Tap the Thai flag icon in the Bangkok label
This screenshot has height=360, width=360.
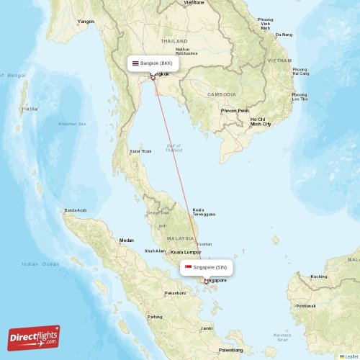[135, 63]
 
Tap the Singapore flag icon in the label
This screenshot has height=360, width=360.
[189, 267]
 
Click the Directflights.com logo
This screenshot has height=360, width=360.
[34, 337]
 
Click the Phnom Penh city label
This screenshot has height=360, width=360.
[235, 110]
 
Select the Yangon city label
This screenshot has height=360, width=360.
[86, 22]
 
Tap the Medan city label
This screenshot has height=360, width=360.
[127, 240]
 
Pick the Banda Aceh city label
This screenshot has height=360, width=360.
[76, 210]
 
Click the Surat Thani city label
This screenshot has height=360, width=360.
[140, 151]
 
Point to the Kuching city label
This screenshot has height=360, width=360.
[318, 276]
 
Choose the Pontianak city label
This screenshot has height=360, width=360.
[305, 305]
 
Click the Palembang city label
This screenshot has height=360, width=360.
[231, 349]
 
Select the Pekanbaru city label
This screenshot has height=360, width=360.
[176, 293]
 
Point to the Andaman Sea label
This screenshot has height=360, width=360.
[72, 124]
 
